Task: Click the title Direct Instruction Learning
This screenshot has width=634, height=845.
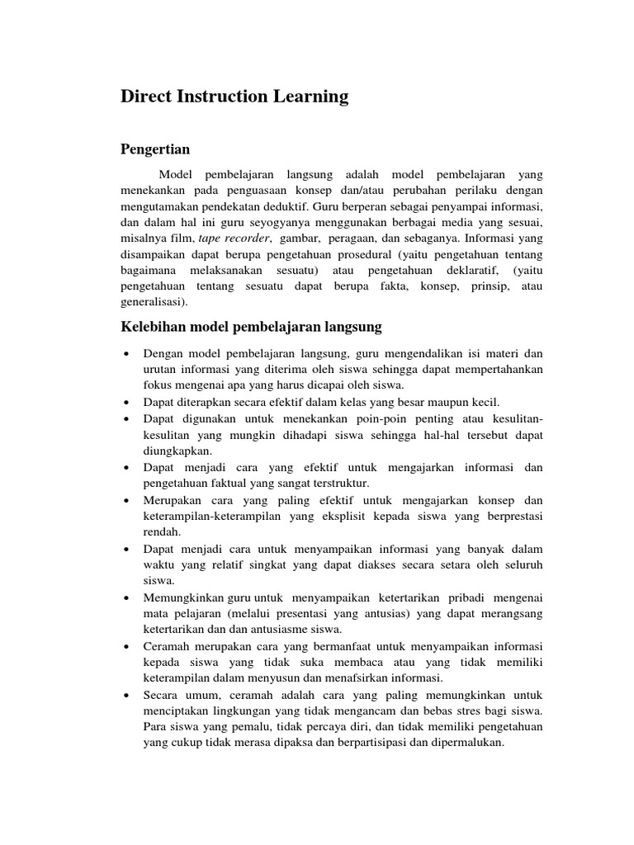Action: click(234, 97)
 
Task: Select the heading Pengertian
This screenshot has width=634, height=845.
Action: click(155, 149)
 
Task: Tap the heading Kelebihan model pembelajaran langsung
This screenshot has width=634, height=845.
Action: click(251, 327)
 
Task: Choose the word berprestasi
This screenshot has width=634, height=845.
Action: click(509, 516)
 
